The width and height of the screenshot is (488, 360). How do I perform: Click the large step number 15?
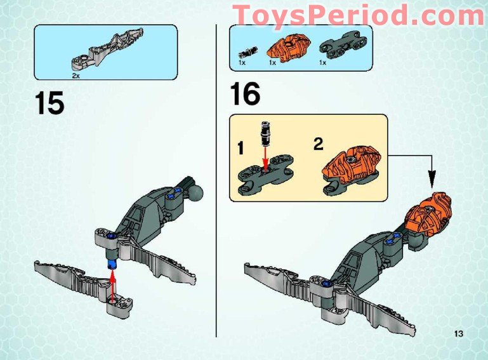point(49,103)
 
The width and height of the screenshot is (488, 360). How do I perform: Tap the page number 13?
point(459,334)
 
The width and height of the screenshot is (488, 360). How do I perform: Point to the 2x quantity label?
point(76,76)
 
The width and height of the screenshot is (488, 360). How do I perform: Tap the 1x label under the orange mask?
point(273,63)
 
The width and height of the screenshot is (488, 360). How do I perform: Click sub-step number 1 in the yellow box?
point(241,149)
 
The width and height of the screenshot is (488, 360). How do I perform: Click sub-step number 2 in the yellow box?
point(318,143)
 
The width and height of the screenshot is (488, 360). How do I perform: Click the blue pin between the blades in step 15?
point(112,263)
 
